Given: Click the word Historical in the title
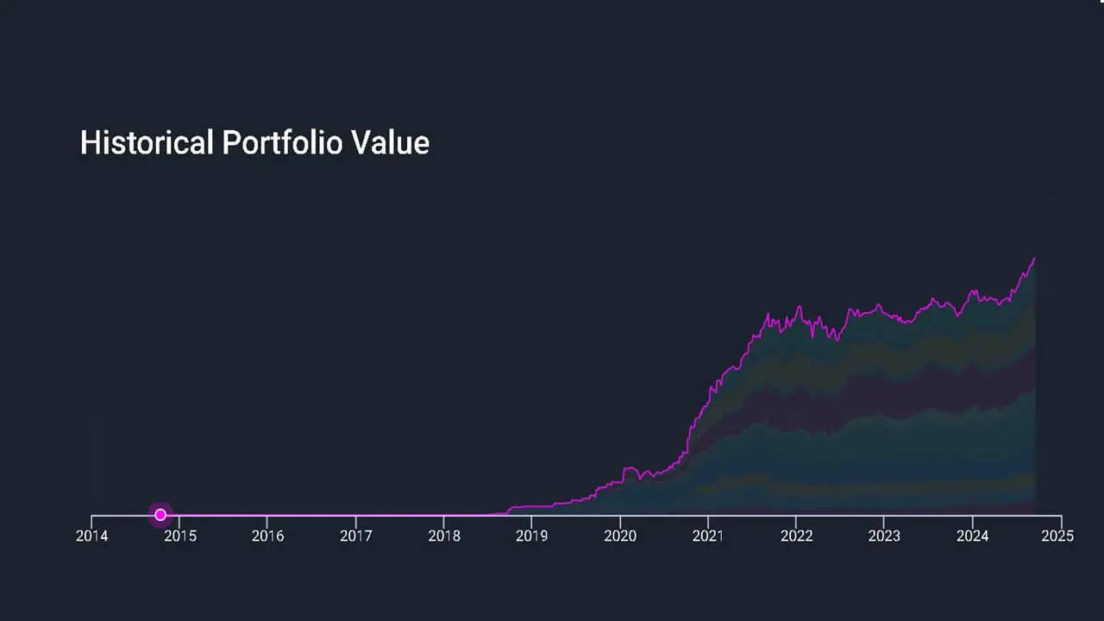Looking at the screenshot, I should click(x=146, y=143).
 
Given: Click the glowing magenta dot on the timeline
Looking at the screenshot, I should click(x=160, y=515).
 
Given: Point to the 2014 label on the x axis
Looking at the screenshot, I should click(x=92, y=536).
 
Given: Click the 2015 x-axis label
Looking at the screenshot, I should click(x=180, y=536).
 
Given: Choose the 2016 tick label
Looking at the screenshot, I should click(x=268, y=536).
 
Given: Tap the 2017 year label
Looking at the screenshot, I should click(x=356, y=536).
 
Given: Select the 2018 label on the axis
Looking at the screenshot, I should click(x=444, y=536).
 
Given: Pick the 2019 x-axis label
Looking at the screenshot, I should click(x=532, y=536).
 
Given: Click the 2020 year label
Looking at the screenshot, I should click(x=620, y=536).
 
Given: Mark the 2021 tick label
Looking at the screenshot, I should click(x=708, y=536).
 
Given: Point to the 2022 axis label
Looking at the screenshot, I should click(x=796, y=536).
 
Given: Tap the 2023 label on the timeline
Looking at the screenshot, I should click(x=884, y=536).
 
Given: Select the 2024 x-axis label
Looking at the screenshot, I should click(x=972, y=536).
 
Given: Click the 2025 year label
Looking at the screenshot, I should click(x=1058, y=536).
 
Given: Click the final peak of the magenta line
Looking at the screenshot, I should click(x=1034, y=258).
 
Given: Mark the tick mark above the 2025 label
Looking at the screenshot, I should click(x=1061, y=519).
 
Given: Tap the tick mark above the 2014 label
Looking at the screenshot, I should click(x=92, y=519).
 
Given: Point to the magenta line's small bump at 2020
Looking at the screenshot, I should click(x=629, y=469).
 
